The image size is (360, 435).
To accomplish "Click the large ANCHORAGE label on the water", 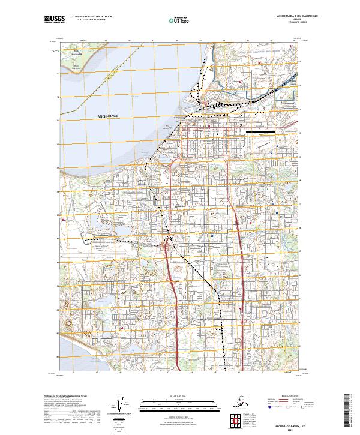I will pos(108,115).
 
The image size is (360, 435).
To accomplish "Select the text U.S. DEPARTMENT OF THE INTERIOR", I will pos(91,17).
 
